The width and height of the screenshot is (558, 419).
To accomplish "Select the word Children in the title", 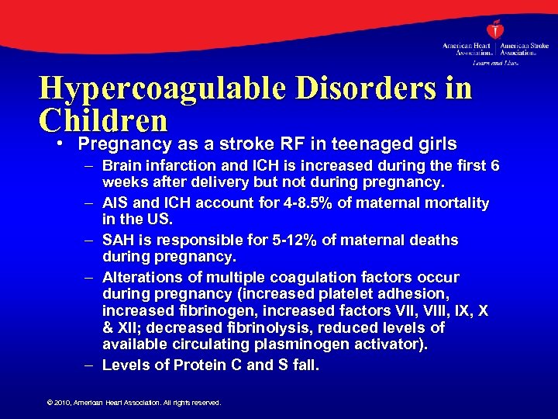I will (103, 120).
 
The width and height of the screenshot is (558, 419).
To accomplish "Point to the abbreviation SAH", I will (118, 241).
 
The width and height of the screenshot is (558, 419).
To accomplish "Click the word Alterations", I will (144, 278).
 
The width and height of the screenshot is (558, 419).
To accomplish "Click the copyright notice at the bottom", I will (134, 403).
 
